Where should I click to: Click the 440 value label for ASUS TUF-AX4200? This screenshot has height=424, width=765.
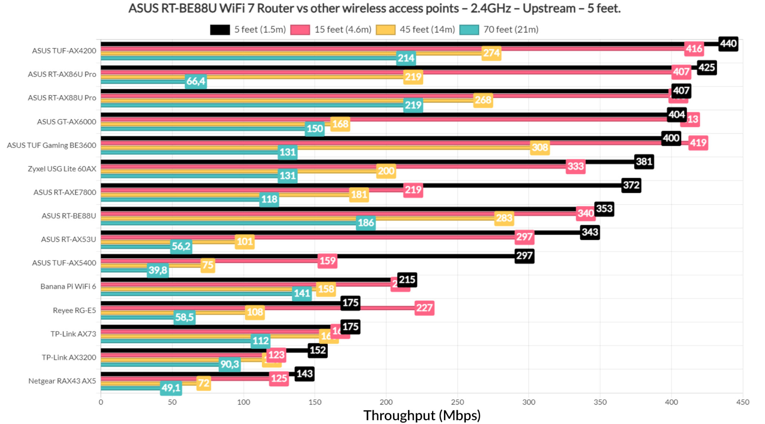[x=728, y=44]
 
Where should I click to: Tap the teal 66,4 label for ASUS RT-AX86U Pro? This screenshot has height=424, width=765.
[x=196, y=81]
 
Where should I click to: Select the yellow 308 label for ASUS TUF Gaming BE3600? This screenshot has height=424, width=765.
[x=540, y=148]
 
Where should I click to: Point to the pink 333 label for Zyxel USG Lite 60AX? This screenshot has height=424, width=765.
[x=575, y=166]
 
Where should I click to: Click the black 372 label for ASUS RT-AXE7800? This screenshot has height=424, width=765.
[x=631, y=185]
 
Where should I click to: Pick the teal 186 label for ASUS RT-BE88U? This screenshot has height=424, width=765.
[x=366, y=223]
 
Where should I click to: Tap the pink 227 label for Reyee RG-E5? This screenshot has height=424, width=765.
[x=424, y=308]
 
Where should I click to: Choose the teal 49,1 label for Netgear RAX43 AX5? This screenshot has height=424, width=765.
[x=171, y=388]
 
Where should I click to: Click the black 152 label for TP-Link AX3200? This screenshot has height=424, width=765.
[x=318, y=350]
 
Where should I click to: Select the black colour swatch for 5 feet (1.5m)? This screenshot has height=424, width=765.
[x=220, y=30]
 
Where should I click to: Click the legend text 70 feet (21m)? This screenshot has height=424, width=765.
[x=511, y=30]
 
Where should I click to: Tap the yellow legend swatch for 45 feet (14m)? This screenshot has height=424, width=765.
[x=385, y=30]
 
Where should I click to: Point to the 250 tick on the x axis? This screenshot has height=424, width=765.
[x=457, y=402]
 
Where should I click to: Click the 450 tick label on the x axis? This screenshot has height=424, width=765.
[x=743, y=402]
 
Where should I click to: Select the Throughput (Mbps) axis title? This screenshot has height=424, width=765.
[x=422, y=415]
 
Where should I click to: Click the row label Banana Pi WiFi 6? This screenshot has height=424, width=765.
[x=68, y=287]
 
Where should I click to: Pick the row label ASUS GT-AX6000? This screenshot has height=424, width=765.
[x=66, y=122]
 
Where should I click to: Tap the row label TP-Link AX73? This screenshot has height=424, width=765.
[x=73, y=334]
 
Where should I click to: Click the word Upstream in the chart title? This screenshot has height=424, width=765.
[x=549, y=8]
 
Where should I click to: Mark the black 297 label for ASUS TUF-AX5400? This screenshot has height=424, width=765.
[x=524, y=256]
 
